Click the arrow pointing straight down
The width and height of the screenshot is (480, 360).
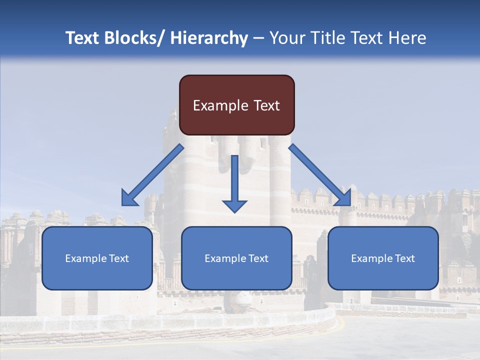(234, 182)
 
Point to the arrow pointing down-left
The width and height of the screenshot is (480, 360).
(152, 175)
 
